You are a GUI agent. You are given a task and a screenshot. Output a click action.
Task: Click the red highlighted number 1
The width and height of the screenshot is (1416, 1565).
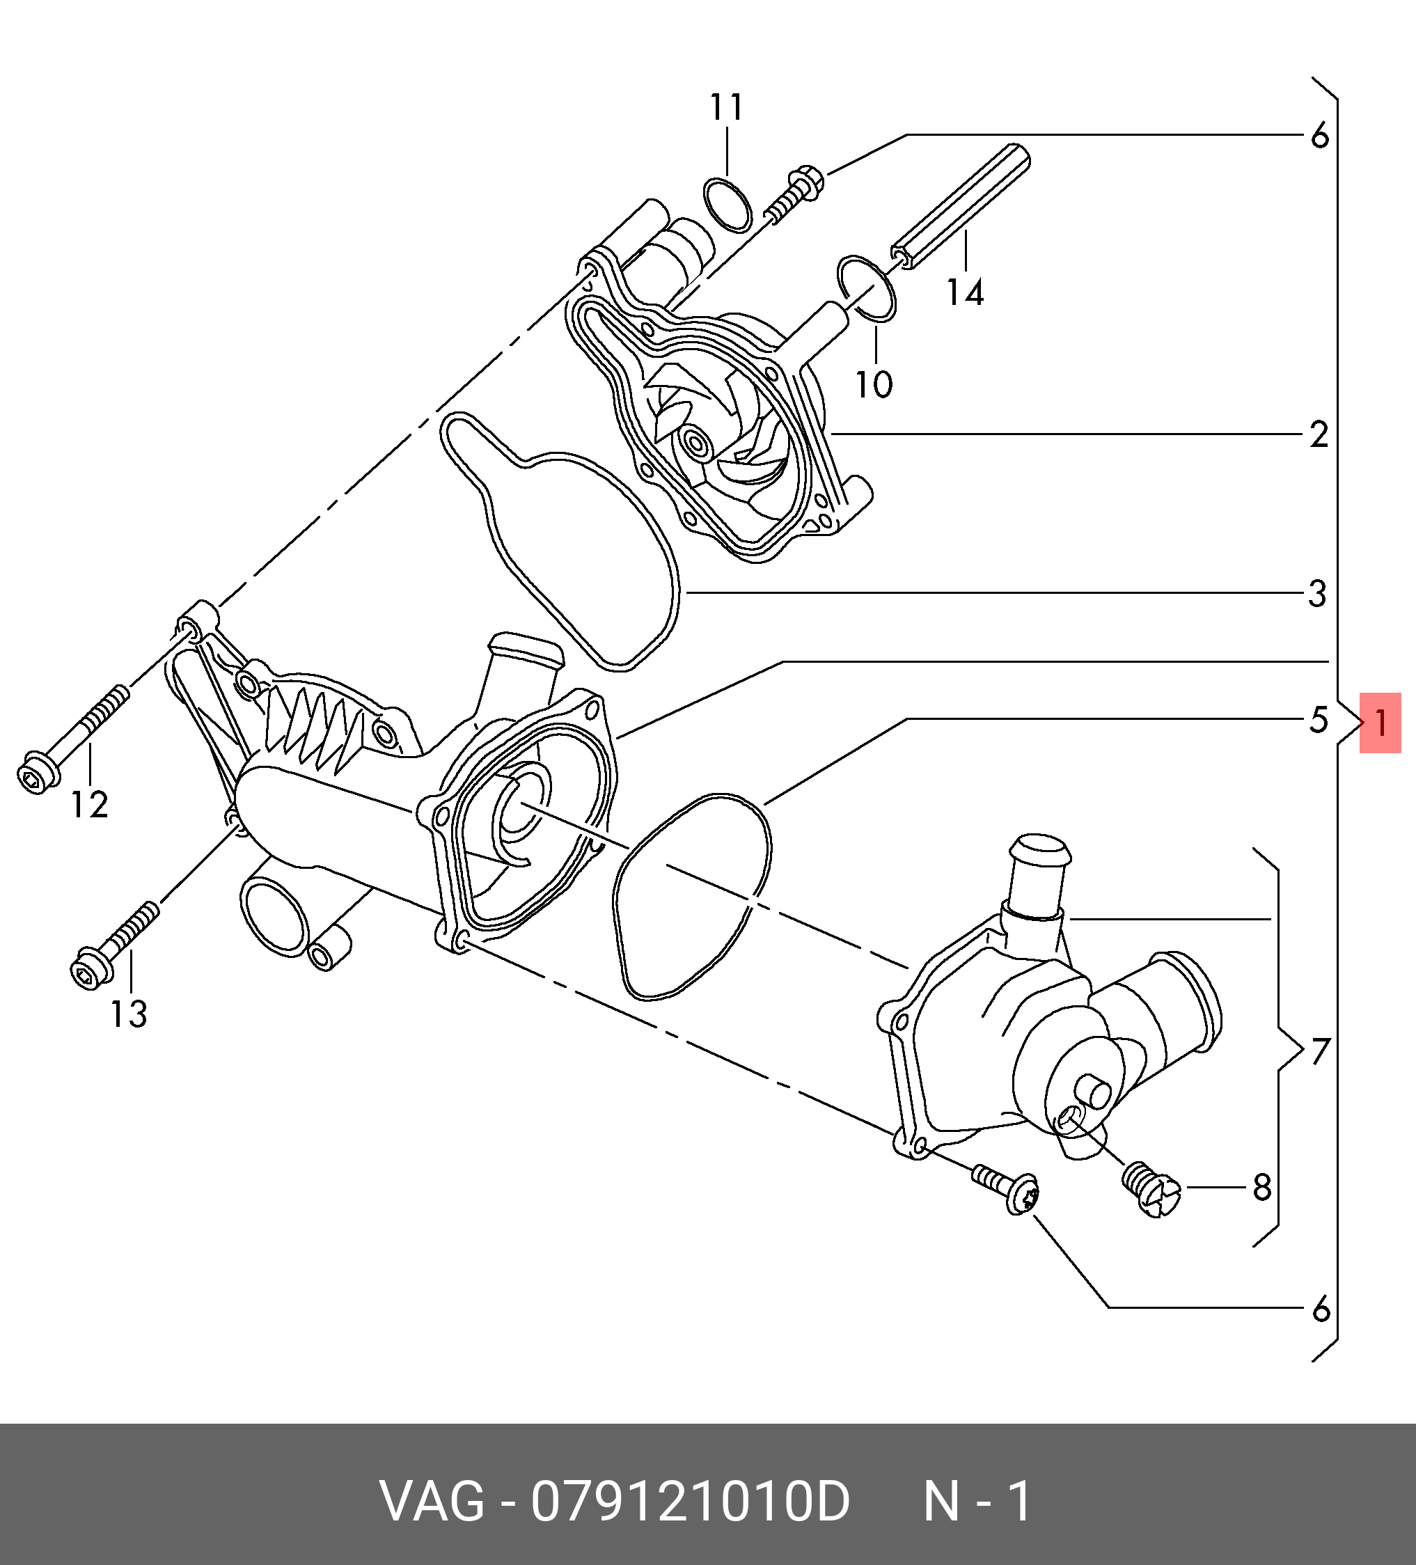(1380, 723)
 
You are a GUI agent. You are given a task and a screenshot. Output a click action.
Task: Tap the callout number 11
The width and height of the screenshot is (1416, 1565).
(727, 107)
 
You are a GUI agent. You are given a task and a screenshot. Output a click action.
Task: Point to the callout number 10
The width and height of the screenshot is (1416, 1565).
(874, 384)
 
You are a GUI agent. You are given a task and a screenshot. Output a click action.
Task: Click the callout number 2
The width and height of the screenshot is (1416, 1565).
(1319, 434)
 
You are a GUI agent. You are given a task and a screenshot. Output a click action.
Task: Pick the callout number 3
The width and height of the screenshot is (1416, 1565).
(1317, 594)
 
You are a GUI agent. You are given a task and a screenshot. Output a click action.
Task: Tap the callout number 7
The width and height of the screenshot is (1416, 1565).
(1321, 1053)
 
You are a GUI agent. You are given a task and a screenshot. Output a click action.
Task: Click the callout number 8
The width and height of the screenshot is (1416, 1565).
(1262, 1187)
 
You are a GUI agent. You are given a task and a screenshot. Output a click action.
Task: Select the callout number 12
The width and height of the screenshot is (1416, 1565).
(89, 804)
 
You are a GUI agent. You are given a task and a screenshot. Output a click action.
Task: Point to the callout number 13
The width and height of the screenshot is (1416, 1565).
(128, 1014)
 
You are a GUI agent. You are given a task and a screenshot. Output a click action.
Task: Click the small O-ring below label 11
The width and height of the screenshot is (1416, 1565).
(727, 205)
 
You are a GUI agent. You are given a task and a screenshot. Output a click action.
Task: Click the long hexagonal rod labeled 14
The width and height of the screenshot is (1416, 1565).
(960, 207)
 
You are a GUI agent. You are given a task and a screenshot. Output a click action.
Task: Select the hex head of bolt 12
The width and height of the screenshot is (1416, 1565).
(35, 773)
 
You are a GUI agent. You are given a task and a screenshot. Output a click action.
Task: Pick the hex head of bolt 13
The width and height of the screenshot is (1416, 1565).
(89, 970)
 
